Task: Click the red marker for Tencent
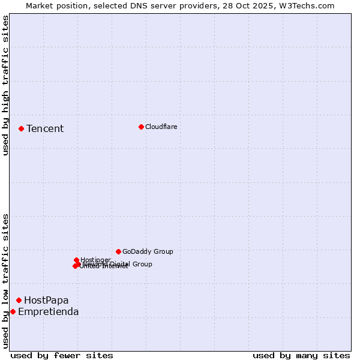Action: point(21,128)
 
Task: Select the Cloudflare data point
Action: point(141,127)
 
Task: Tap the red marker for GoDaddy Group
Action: point(118,251)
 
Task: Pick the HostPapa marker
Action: point(19,300)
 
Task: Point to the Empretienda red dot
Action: point(13,311)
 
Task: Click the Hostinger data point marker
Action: point(76,260)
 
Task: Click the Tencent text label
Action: point(45,128)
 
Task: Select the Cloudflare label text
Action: point(161,127)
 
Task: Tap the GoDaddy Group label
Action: point(148,251)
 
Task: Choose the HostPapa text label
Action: point(46,300)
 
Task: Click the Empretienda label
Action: point(48,311)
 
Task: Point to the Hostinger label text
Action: point(96,260)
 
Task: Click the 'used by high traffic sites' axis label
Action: point(6,85)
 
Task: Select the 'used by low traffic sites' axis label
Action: point(6,281)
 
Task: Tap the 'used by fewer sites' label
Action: point(62,355)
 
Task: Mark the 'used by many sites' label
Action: point(301,355)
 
